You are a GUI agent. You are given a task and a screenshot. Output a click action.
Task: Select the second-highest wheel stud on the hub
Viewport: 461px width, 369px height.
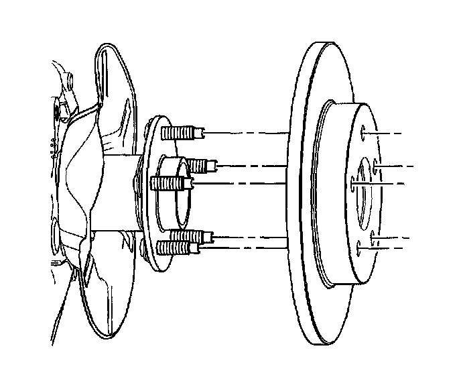pyautogui.click(x=201, y=163)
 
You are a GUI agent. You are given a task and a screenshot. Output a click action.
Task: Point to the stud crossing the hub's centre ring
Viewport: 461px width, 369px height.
pyautogui.click(x=173, y=182)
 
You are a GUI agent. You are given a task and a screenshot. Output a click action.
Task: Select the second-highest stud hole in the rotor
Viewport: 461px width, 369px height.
pyautogui.click(x=377, y=164)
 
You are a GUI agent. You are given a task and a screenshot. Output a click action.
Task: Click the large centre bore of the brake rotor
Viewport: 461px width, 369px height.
pyautogui.click(x=365, y=195)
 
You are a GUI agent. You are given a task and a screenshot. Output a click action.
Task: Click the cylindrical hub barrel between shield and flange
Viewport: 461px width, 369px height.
pyautogui.click(x=121, y=195)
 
